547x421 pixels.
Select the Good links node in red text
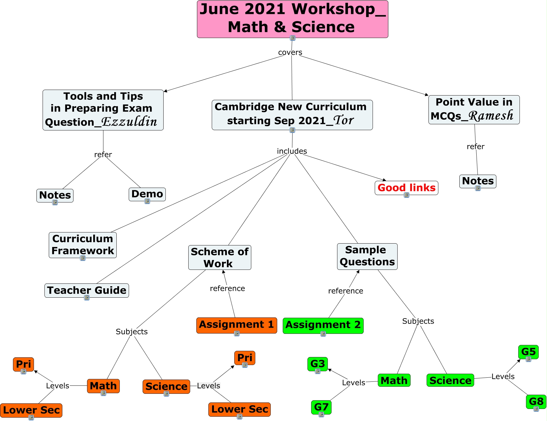(x=406, y=188)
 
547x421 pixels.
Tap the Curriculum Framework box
(x=83, y=245)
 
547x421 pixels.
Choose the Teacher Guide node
(x=87, y=290)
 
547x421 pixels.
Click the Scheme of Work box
(x=219, y=257)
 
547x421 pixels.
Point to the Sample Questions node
(x=367, y=256)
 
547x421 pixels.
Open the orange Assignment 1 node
(x=236, y=325)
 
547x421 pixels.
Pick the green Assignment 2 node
(x=323, y=325)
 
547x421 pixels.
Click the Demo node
(x=147, y=194)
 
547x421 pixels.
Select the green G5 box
(x=528, y=352)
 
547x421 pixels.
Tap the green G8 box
(x=536, y=402)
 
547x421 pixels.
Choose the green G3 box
(x=318, y=364)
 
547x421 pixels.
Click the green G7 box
(x=321, y=407)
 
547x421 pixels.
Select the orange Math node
(x=103, y=386)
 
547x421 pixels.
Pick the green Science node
(x=450, y=380)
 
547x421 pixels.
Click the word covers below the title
(x=290, y=53)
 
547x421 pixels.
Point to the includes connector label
(x=292, y=151)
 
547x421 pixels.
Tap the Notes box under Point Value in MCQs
(x=478, y=181)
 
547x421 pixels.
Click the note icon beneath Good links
(x=407, y=195)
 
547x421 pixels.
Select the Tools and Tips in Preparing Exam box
(x=103, y=110)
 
